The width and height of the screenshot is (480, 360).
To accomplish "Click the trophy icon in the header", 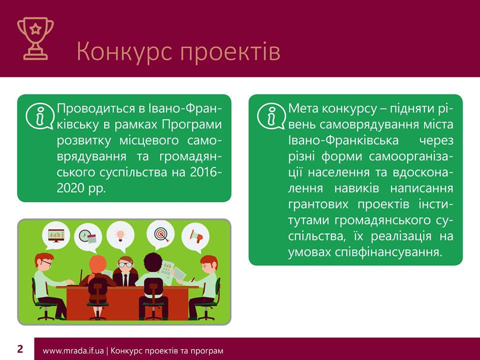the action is click(35, 38).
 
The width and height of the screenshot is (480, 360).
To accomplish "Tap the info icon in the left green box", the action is click(40, 116).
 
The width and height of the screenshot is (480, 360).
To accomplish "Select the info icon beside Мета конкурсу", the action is click(271, 116).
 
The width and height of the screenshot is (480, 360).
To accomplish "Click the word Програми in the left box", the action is click(191, 125).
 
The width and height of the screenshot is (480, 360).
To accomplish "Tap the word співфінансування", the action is click(388, 252).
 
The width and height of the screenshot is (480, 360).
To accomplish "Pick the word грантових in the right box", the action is click(318, 204).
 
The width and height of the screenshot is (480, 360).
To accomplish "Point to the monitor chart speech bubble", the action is click(56, 235).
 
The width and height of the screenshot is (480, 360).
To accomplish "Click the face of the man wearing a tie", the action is click(125, 264).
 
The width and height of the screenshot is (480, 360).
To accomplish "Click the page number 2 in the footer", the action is click(20, 349).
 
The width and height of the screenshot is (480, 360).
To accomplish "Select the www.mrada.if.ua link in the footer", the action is click(73, 351).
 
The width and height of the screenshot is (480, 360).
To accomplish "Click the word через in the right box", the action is click(436, 140).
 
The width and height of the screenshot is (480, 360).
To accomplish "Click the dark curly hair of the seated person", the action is click(153, 262).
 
